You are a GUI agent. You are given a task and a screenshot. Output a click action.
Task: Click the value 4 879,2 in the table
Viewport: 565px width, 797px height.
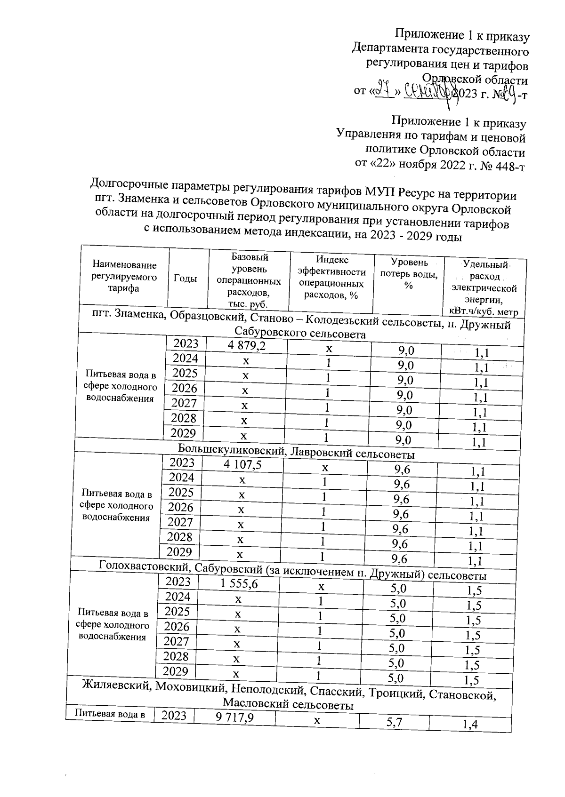[246, 346]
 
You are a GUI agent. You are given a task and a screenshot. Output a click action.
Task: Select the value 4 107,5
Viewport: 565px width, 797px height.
[242, 465]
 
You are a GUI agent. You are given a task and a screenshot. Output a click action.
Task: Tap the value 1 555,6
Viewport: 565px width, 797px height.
[239, 584]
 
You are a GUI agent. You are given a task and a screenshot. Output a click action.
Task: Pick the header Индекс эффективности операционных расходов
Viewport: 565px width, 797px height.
[331, 278]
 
